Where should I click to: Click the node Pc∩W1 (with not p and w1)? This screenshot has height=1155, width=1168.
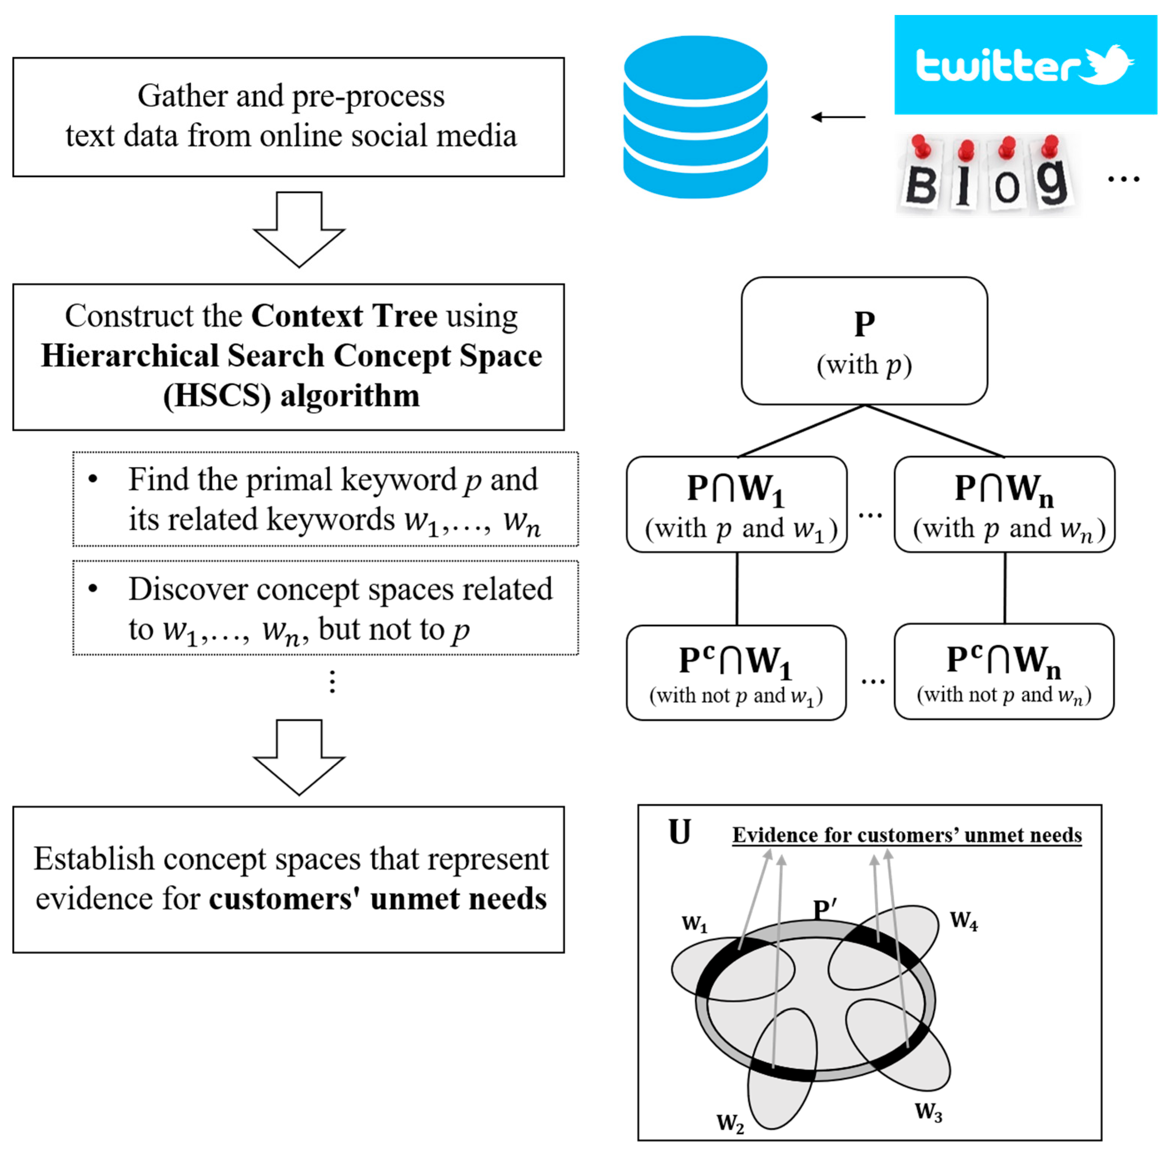click(736, 672)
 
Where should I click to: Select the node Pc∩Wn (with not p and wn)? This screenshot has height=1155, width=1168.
click(1004, 671)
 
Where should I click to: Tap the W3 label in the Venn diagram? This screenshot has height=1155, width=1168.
click(928, 1111)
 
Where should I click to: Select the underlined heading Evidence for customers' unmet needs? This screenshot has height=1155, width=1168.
click(906, 835)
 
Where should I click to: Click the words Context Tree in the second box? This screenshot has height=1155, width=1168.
click(344, 316)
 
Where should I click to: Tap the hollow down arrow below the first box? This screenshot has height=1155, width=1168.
click(299, 230)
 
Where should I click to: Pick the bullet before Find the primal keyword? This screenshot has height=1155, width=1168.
click(92, 479)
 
